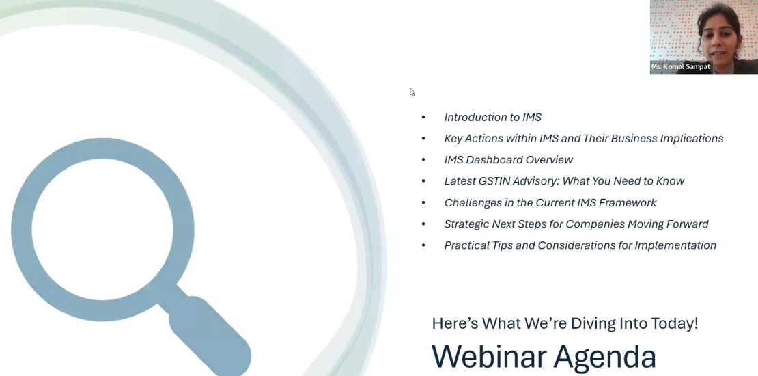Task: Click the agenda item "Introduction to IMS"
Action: tap(492, 117)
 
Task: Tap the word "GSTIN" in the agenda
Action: tap(494, 181)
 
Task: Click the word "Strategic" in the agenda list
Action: tap(466, 224)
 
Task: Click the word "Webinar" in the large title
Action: tap(488, 357)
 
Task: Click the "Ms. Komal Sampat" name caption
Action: tap(680, 67)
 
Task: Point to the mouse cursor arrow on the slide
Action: tap(412, 92)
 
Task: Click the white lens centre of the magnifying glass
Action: tap(102, 229)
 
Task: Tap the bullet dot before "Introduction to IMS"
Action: tap(423, 117)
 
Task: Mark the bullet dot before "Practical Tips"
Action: tap(423, 245)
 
